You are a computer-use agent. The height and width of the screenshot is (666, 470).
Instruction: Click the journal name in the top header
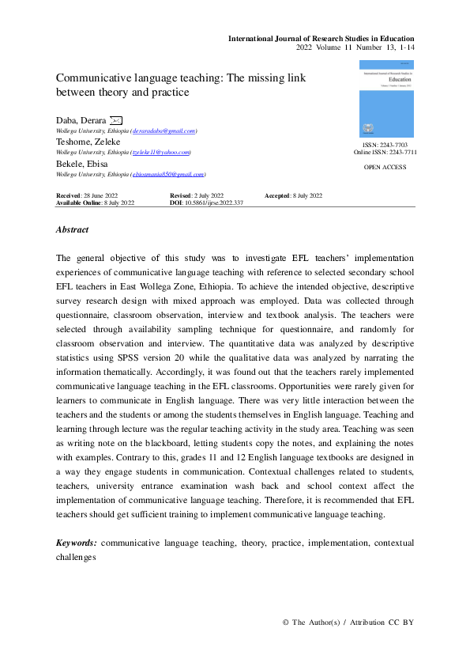pyautogui.click(x=321, y=39)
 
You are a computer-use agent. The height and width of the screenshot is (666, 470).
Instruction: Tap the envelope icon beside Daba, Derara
pyautogui.click(x=116, y=120)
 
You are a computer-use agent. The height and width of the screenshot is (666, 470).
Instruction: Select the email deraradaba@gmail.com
pyautogui.click(x=164, y=131)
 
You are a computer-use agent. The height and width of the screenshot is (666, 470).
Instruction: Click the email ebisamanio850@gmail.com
pyautogui.click(x=168, y=174)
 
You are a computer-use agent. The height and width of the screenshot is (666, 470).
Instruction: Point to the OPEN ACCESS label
pyautogui.click(x=385, y=168)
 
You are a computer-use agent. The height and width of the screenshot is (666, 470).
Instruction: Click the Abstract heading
pyautogui.click(x=73, y=229)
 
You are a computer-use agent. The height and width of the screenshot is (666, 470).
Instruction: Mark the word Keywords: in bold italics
pyautogui.click(x=77, y=544)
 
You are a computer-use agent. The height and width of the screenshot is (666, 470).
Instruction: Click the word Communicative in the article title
pyautogui.click(x=97, y=78)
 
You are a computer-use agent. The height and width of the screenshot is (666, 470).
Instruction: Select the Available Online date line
pyautogui.click(x=95, y=203)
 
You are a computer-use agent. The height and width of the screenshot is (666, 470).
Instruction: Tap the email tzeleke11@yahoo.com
pyautogui.click(x=162, y=152)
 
